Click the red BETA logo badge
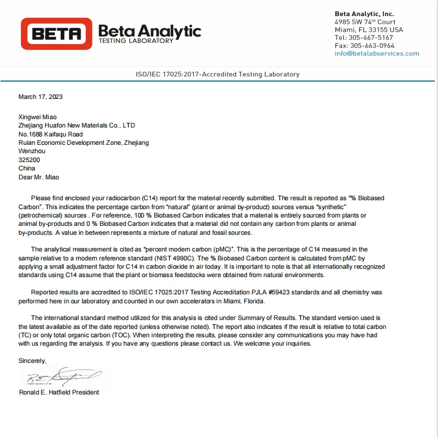(x=57, y=33)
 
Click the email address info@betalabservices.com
(x=377, y=54)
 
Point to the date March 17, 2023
(x=41, y=97)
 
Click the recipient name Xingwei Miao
(x=39, y=117)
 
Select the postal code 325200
(x=29, y=160)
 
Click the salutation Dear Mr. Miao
(x=39, y=177)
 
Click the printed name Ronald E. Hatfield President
(x=59, y=392)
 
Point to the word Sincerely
(x=32, y=361)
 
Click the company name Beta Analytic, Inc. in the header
(x=364, y=14)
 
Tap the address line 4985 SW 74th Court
(x=365, y=22)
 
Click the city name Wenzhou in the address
(x=32, y=151)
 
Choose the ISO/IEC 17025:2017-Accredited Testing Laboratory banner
(x=218, y=74)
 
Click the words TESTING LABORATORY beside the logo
(x=136, y=41)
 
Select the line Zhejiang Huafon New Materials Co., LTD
(x=77, y=126)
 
